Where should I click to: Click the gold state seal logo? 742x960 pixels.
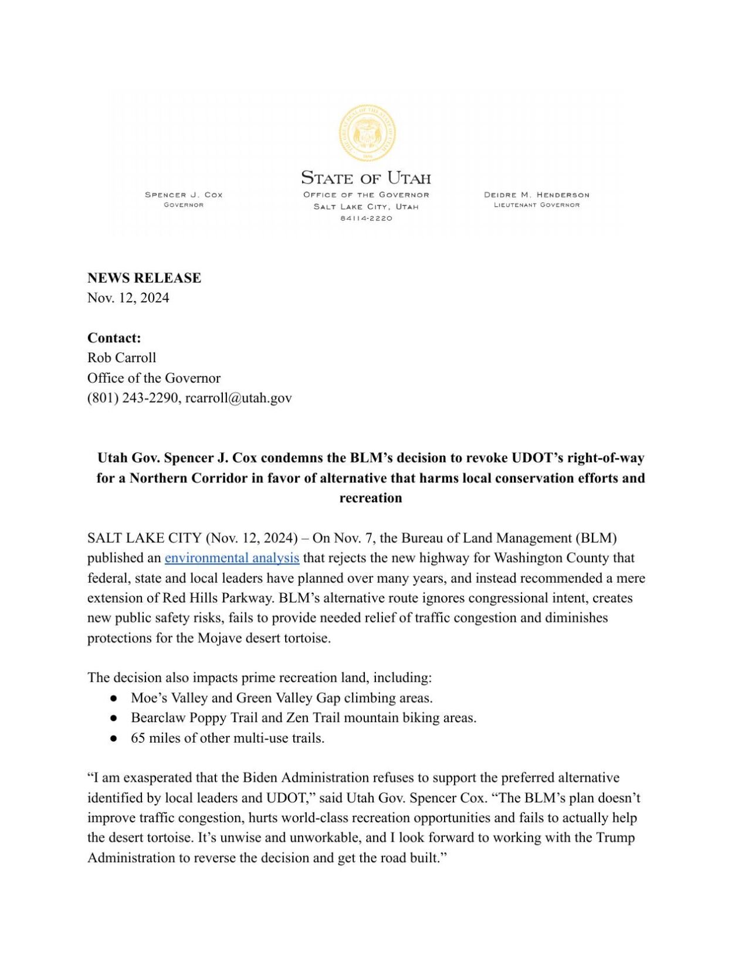click(367, 134)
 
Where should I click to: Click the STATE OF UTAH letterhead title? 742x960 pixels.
click(366, 178)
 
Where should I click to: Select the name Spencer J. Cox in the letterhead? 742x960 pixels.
click(184, 195)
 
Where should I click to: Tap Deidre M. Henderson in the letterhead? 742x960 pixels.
click(536, 195)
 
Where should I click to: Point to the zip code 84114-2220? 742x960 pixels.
click(366, 218)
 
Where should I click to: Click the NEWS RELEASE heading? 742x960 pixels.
click(144, 278)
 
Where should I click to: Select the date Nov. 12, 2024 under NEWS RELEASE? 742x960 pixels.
click(128, 298)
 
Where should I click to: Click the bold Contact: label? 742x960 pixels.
click(114, 338)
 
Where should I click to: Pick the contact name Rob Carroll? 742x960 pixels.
click(121, 358)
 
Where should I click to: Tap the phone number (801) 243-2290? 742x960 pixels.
click(133, 398)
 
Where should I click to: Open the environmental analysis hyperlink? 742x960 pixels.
click(232, 558)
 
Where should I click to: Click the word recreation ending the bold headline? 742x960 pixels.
click(370, 498)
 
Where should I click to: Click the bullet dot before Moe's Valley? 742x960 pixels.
click(114, 698)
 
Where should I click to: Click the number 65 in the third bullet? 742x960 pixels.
click(138, 738)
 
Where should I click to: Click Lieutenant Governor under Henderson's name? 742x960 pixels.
click(536, 205)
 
